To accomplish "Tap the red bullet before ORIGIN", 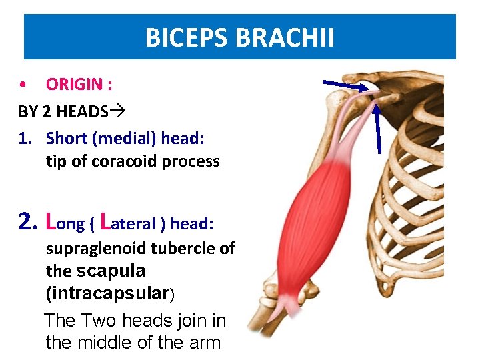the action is point(23,85).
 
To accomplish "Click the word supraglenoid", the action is point(97,249).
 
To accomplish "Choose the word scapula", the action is point(111,271).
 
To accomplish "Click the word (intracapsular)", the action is point(110,293).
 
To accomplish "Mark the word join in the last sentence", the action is point(195,320).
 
